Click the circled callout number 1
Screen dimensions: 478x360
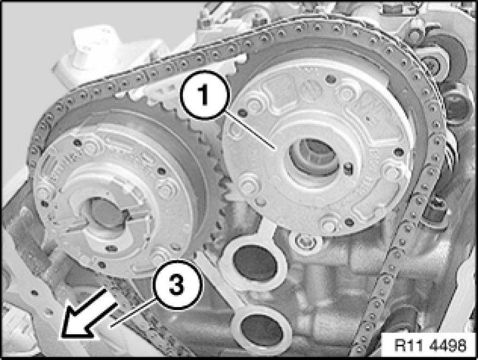pos(204,95)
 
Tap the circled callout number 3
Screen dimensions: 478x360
pos(176,285)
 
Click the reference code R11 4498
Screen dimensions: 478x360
pos(430,345)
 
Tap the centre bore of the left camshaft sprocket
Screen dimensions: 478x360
pos(106,213)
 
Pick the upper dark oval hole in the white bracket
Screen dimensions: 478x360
pos(255,263)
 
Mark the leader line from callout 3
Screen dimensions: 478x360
pos(133,312)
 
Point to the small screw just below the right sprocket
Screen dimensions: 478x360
pos(303,240)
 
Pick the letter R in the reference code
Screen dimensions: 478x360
pos(399,345)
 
